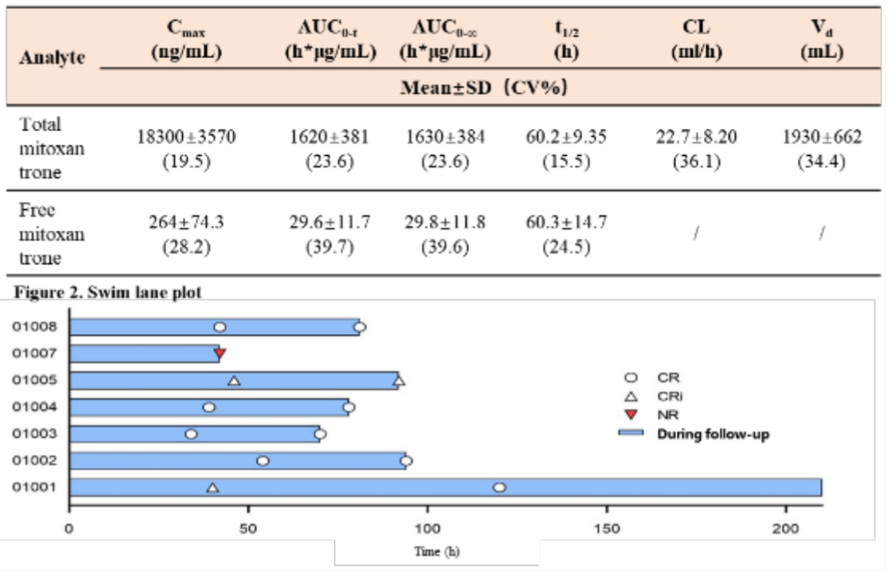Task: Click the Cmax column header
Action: tap(186, 39)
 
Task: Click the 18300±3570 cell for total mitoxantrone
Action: tap(187, 148)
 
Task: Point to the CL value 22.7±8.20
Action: tap(696, 148)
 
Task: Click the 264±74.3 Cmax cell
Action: tap(187, 234)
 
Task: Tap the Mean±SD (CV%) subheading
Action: tap(484, 88)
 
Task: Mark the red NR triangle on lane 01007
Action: tap(219, 354)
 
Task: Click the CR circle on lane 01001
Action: tap(500, 488)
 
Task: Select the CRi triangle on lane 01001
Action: tap(212, 488)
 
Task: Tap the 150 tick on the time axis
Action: tap(606, 529)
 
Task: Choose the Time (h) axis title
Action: tap(436, 552)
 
